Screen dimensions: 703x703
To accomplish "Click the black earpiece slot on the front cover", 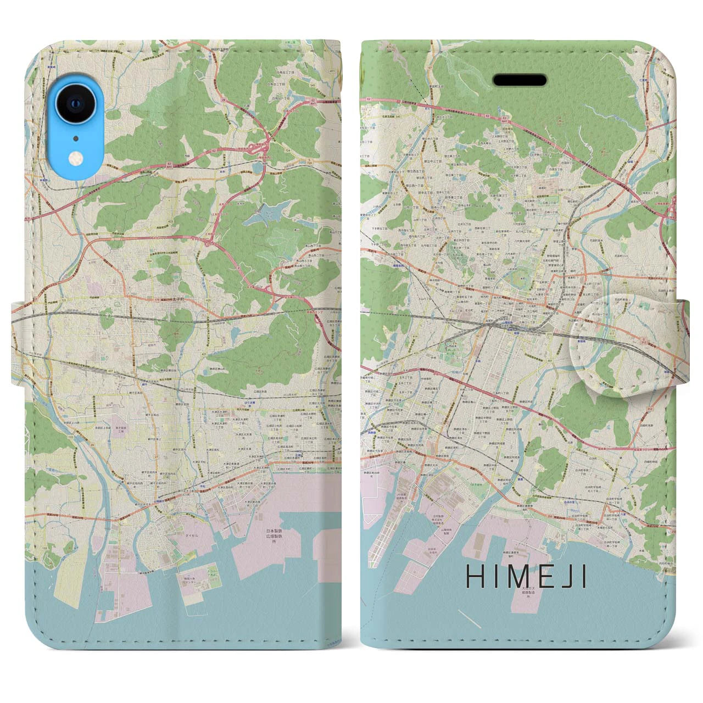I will [519, 81].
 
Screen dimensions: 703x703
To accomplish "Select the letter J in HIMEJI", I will [572, 577].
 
